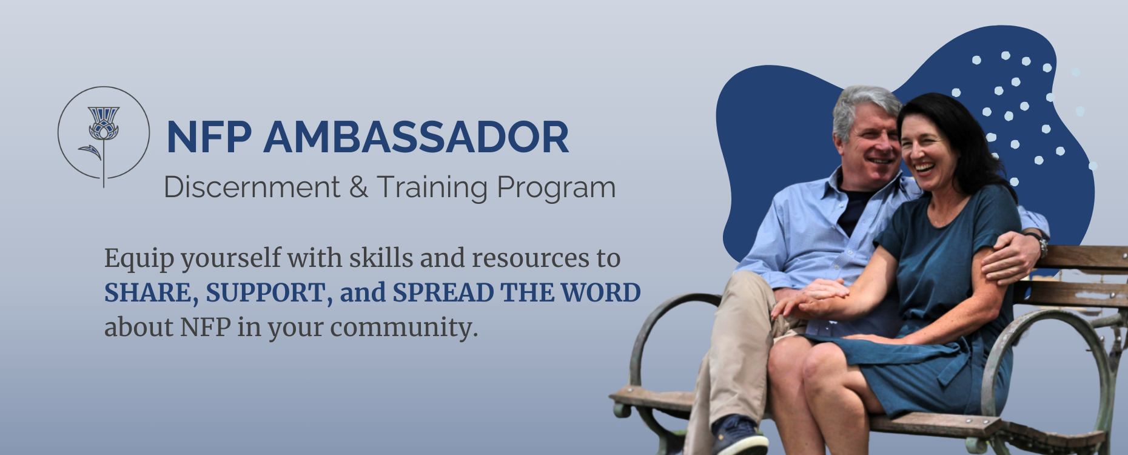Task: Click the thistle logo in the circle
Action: (103, 136)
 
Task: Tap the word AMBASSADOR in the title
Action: (416, 137)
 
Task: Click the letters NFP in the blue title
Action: (209, 137)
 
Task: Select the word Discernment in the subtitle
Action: (252, 187)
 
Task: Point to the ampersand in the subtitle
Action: (358, 187)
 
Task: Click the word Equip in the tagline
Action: (139, 259)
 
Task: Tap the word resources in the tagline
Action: (530, 259)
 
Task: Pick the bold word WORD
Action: (600, 293)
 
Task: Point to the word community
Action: (404, 328)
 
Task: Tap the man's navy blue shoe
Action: (738, 436)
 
